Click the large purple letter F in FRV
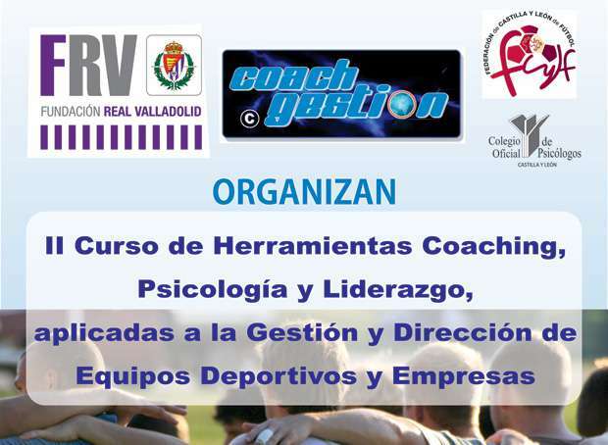click(53, 65)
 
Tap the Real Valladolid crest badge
click(174, 65)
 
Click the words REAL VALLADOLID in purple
click(152, 112)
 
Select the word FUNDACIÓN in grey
click(71, 112)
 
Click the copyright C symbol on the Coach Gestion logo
click(249, 119)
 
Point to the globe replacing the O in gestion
click(402, 105)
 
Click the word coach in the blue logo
click(293, 78)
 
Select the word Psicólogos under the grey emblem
click(559, 153)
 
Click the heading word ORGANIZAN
click(304, 191)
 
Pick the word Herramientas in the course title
click(313, 246)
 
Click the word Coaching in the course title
click(493, 247)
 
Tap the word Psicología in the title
click(213, 290)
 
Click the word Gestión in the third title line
click(302, 333)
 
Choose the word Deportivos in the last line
click(279, 376)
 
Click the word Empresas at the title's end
click(464, 376)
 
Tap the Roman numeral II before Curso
click(54, 246)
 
